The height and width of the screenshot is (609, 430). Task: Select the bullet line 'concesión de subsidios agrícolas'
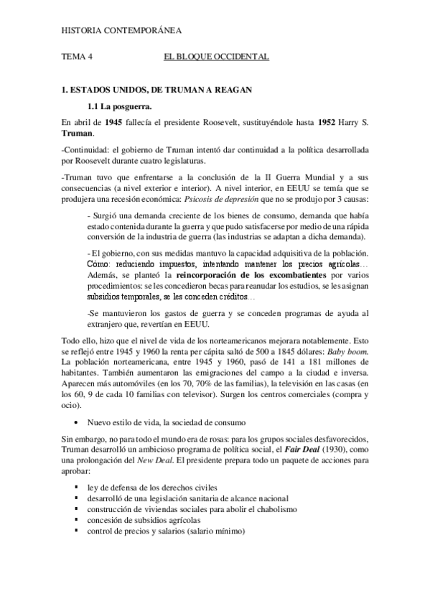pos(144,519)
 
